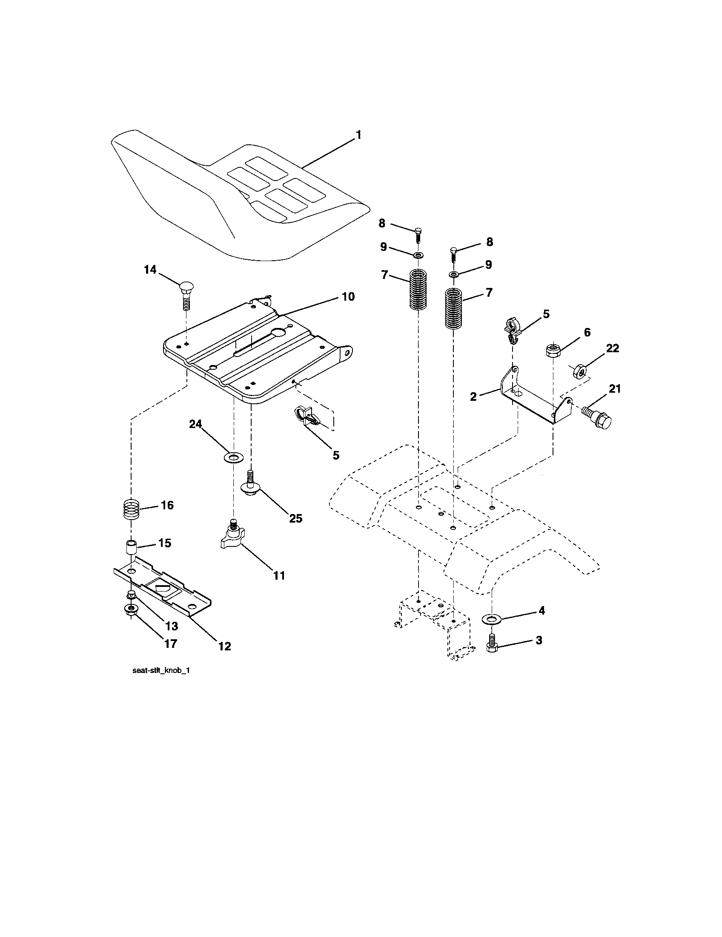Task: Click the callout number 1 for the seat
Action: pos(358,135)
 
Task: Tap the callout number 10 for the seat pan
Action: pos(348,296)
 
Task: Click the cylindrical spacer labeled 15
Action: pos(130,548)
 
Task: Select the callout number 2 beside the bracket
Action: pos(473,397)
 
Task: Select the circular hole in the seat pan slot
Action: pos(279,333)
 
